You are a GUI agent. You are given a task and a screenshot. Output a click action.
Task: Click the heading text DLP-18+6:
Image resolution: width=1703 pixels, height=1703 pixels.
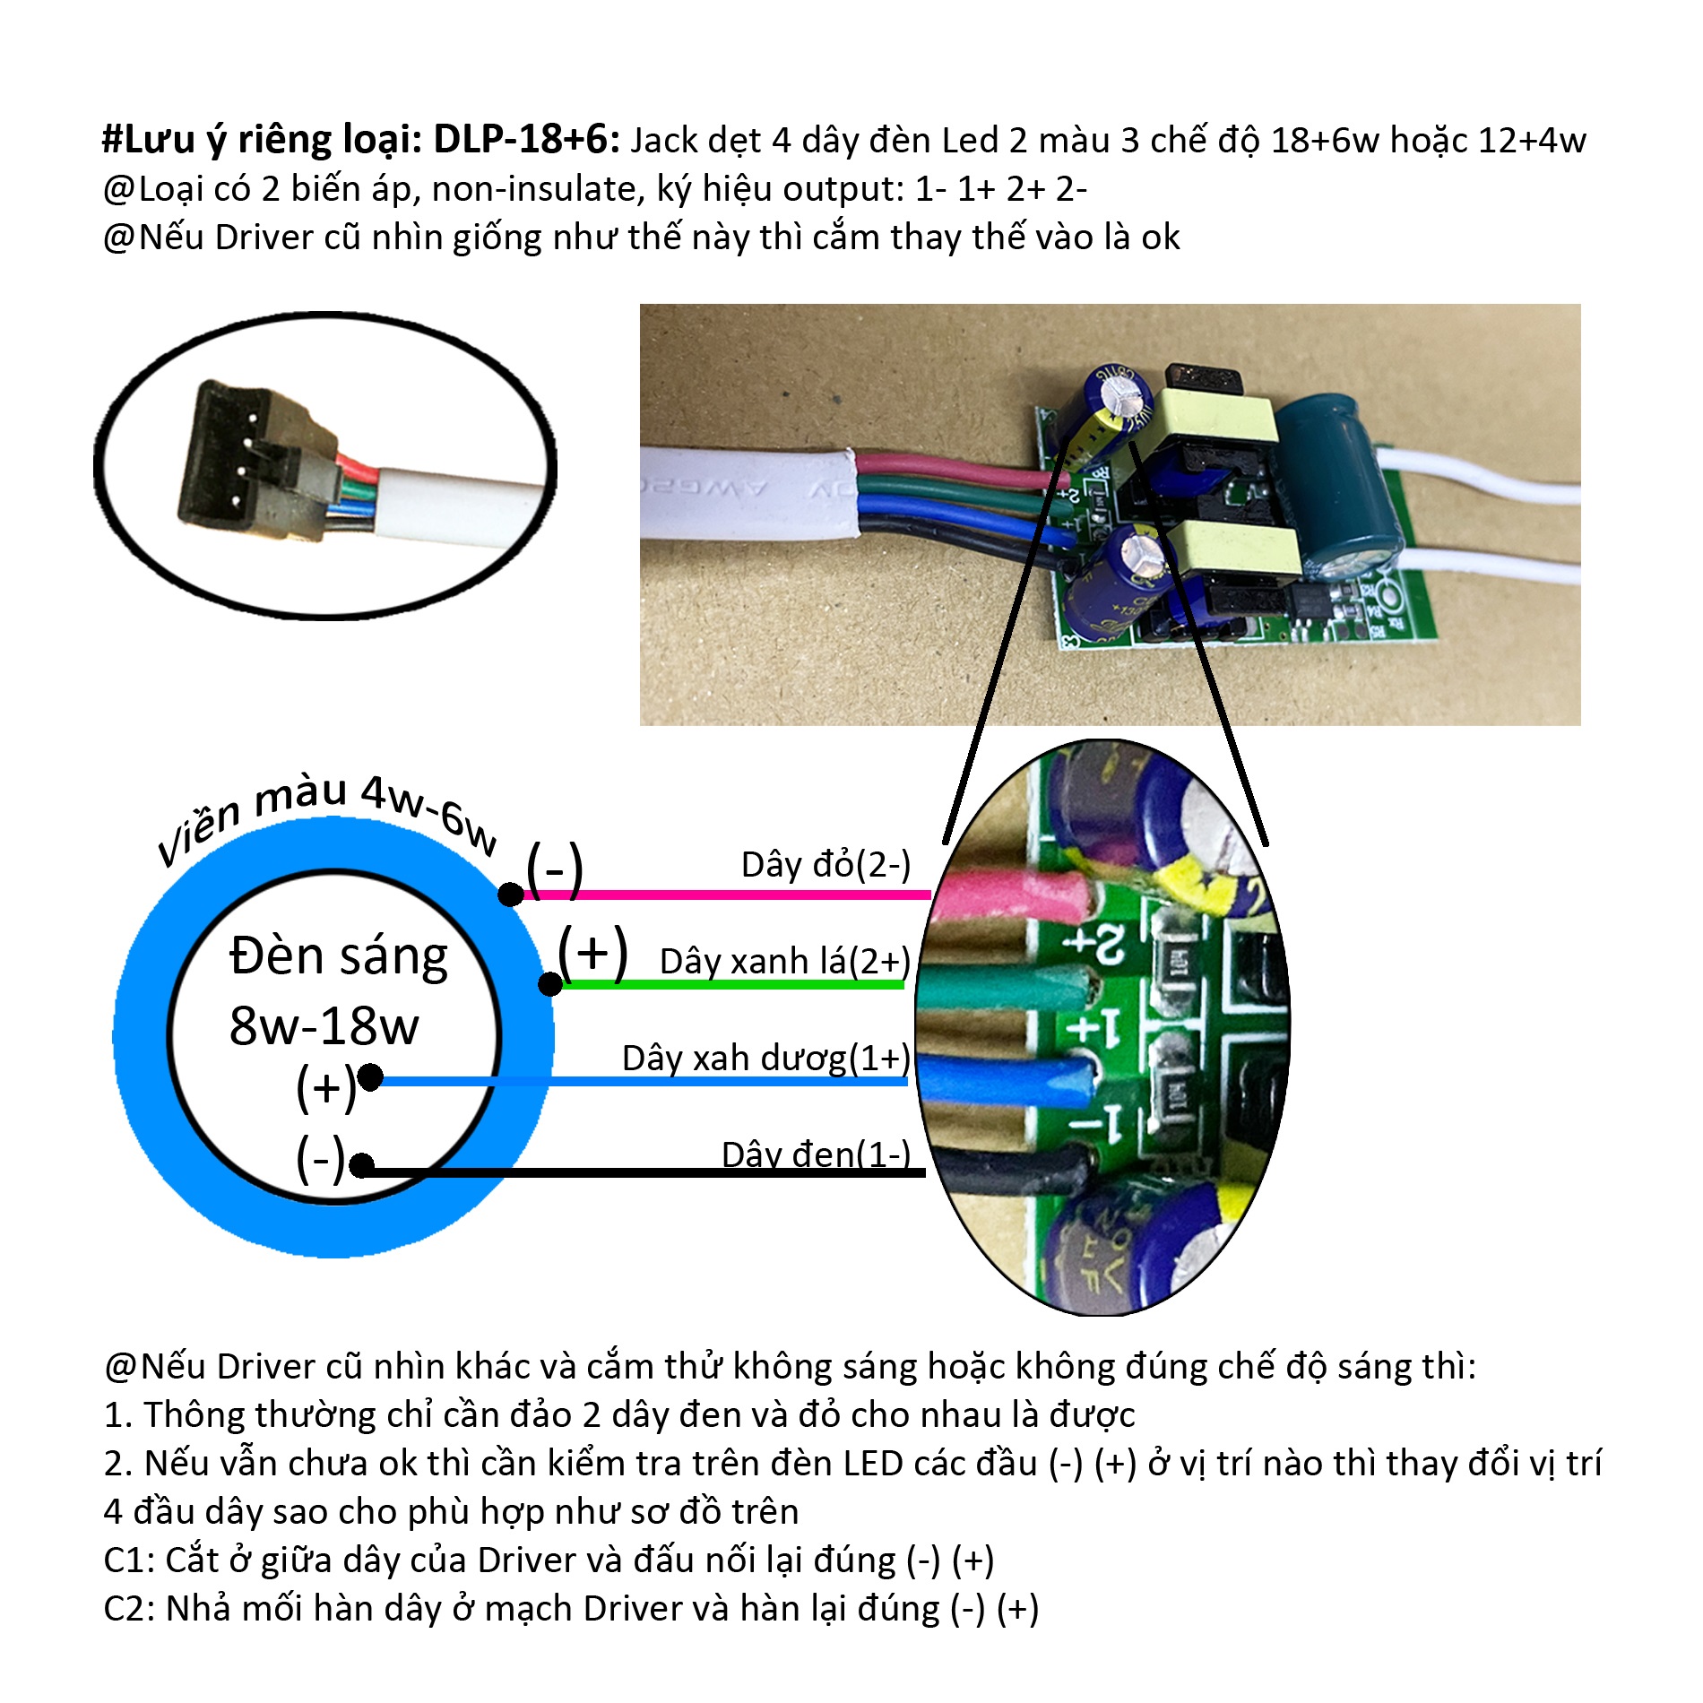pyautogui.click(x=527, y=139)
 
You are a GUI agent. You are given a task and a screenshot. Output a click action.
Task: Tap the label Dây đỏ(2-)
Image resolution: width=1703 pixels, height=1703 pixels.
pyautogui.click(x=826, y=865)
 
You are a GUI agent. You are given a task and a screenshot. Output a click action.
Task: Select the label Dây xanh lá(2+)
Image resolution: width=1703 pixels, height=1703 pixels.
pyautogui.click(x=785, y=962)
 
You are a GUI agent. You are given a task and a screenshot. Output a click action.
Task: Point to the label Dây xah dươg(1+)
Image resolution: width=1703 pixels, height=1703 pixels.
pyautogui.click(x=766, y=1059)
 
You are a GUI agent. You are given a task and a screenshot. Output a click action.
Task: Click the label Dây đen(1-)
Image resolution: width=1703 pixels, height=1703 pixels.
pyautogui.click(x=816, y=1154)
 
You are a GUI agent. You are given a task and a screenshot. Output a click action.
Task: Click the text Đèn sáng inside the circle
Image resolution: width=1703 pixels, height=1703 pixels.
pyautogui.click(x=339, y=956)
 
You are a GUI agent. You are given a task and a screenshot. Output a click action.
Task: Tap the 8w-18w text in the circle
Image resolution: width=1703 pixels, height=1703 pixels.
pyautogui.click(x=324, y=1025)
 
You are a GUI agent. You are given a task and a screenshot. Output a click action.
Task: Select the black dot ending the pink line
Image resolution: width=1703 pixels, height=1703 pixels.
pyautogui.click(x=511, y=894)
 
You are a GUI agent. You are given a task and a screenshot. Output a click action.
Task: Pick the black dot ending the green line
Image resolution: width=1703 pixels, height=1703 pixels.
pyautogui.click(x=550, y=984)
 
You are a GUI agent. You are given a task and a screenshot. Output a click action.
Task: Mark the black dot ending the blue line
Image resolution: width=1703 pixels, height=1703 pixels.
pyautogui.click(x=370, y=1076)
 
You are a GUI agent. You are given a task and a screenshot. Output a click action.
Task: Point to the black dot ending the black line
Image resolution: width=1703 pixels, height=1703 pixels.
pyautogui.click(x=361, y=1165)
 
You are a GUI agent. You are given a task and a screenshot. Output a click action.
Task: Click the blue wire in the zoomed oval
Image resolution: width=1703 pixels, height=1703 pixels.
pyautogui.click(x=1007, y=1076)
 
